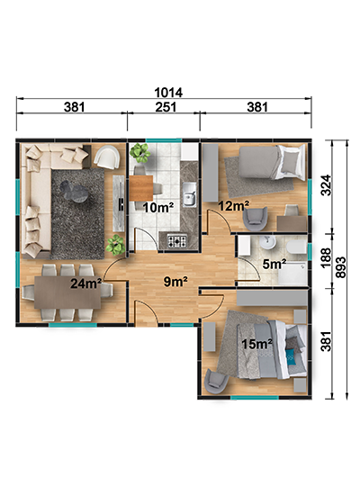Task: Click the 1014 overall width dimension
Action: pyautogui.click(x=168, y=93)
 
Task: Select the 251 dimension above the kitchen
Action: pyautogui.click(x=166, y=107)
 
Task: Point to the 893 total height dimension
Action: pyautogui.click(x=341, y=267)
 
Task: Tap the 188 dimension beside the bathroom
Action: pyautogui.click(x=326, y=258)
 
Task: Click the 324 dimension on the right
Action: pyautogui.click(x=326, y=185)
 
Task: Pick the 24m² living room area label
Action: pyautogui.click(x=85, y=283)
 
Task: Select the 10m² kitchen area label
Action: pyautogui.click(x=158, y=207)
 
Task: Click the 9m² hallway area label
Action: pyautogui.click(x=175, y=282)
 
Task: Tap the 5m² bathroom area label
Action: pyautogui.click(x=274, y=264)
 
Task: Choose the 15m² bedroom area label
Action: pyautogui.click(x=257, y=344)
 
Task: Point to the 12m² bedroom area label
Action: pyautogui.click(x=234, y=206)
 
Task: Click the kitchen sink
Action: pyautogui.click(x=189, y=194)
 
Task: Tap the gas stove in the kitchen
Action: pyautogui.click(x=176, y=241)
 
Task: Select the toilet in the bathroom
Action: pyautogui.click(x=296, y=247)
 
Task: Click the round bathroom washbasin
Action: pyautogui.click(x=268, y=242)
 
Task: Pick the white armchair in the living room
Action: pyautogui.click(x=107, y=157)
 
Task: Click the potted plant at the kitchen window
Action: pyautogui.click(x=139, y=152)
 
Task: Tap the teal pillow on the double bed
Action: pyautogui.click(x=291, y=355)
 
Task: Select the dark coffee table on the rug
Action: pyautogui.click(x=74, y=191)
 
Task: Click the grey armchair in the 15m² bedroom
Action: pyautogui.click(x=216, y=381)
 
